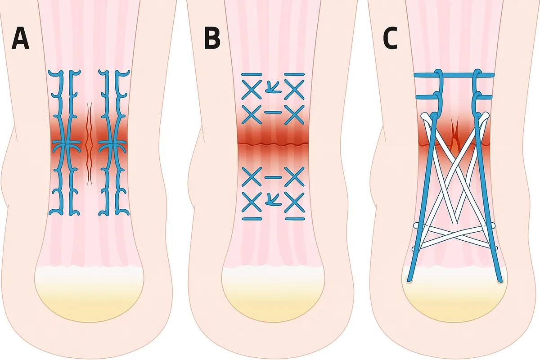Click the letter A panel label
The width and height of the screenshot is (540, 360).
[21, 38]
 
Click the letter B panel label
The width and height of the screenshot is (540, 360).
[212, 38]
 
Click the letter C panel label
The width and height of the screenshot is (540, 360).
[390, 38]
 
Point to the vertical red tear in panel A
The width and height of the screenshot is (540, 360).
[90, 143]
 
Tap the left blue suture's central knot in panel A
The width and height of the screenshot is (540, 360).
[66, 144]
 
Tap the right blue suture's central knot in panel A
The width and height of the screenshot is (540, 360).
[112, 144]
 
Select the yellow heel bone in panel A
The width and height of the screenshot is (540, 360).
[89, 294]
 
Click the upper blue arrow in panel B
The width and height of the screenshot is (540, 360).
[273, 88]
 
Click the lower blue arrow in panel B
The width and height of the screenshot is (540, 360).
[273, 200]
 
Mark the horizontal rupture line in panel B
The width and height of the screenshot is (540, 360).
[273, 144]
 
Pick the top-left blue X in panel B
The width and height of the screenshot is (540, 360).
[252, 90]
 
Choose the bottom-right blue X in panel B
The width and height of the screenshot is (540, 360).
[294, 202]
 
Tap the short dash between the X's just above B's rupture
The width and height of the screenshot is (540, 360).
[273, 112]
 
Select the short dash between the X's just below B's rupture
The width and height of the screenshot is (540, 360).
[273, 177]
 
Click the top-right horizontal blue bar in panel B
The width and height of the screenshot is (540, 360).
[294, 74]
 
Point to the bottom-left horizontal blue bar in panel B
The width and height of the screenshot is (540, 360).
[252, 219]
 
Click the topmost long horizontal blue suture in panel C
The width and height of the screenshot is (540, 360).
[454, 75]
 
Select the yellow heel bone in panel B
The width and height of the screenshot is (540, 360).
[273, 294]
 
